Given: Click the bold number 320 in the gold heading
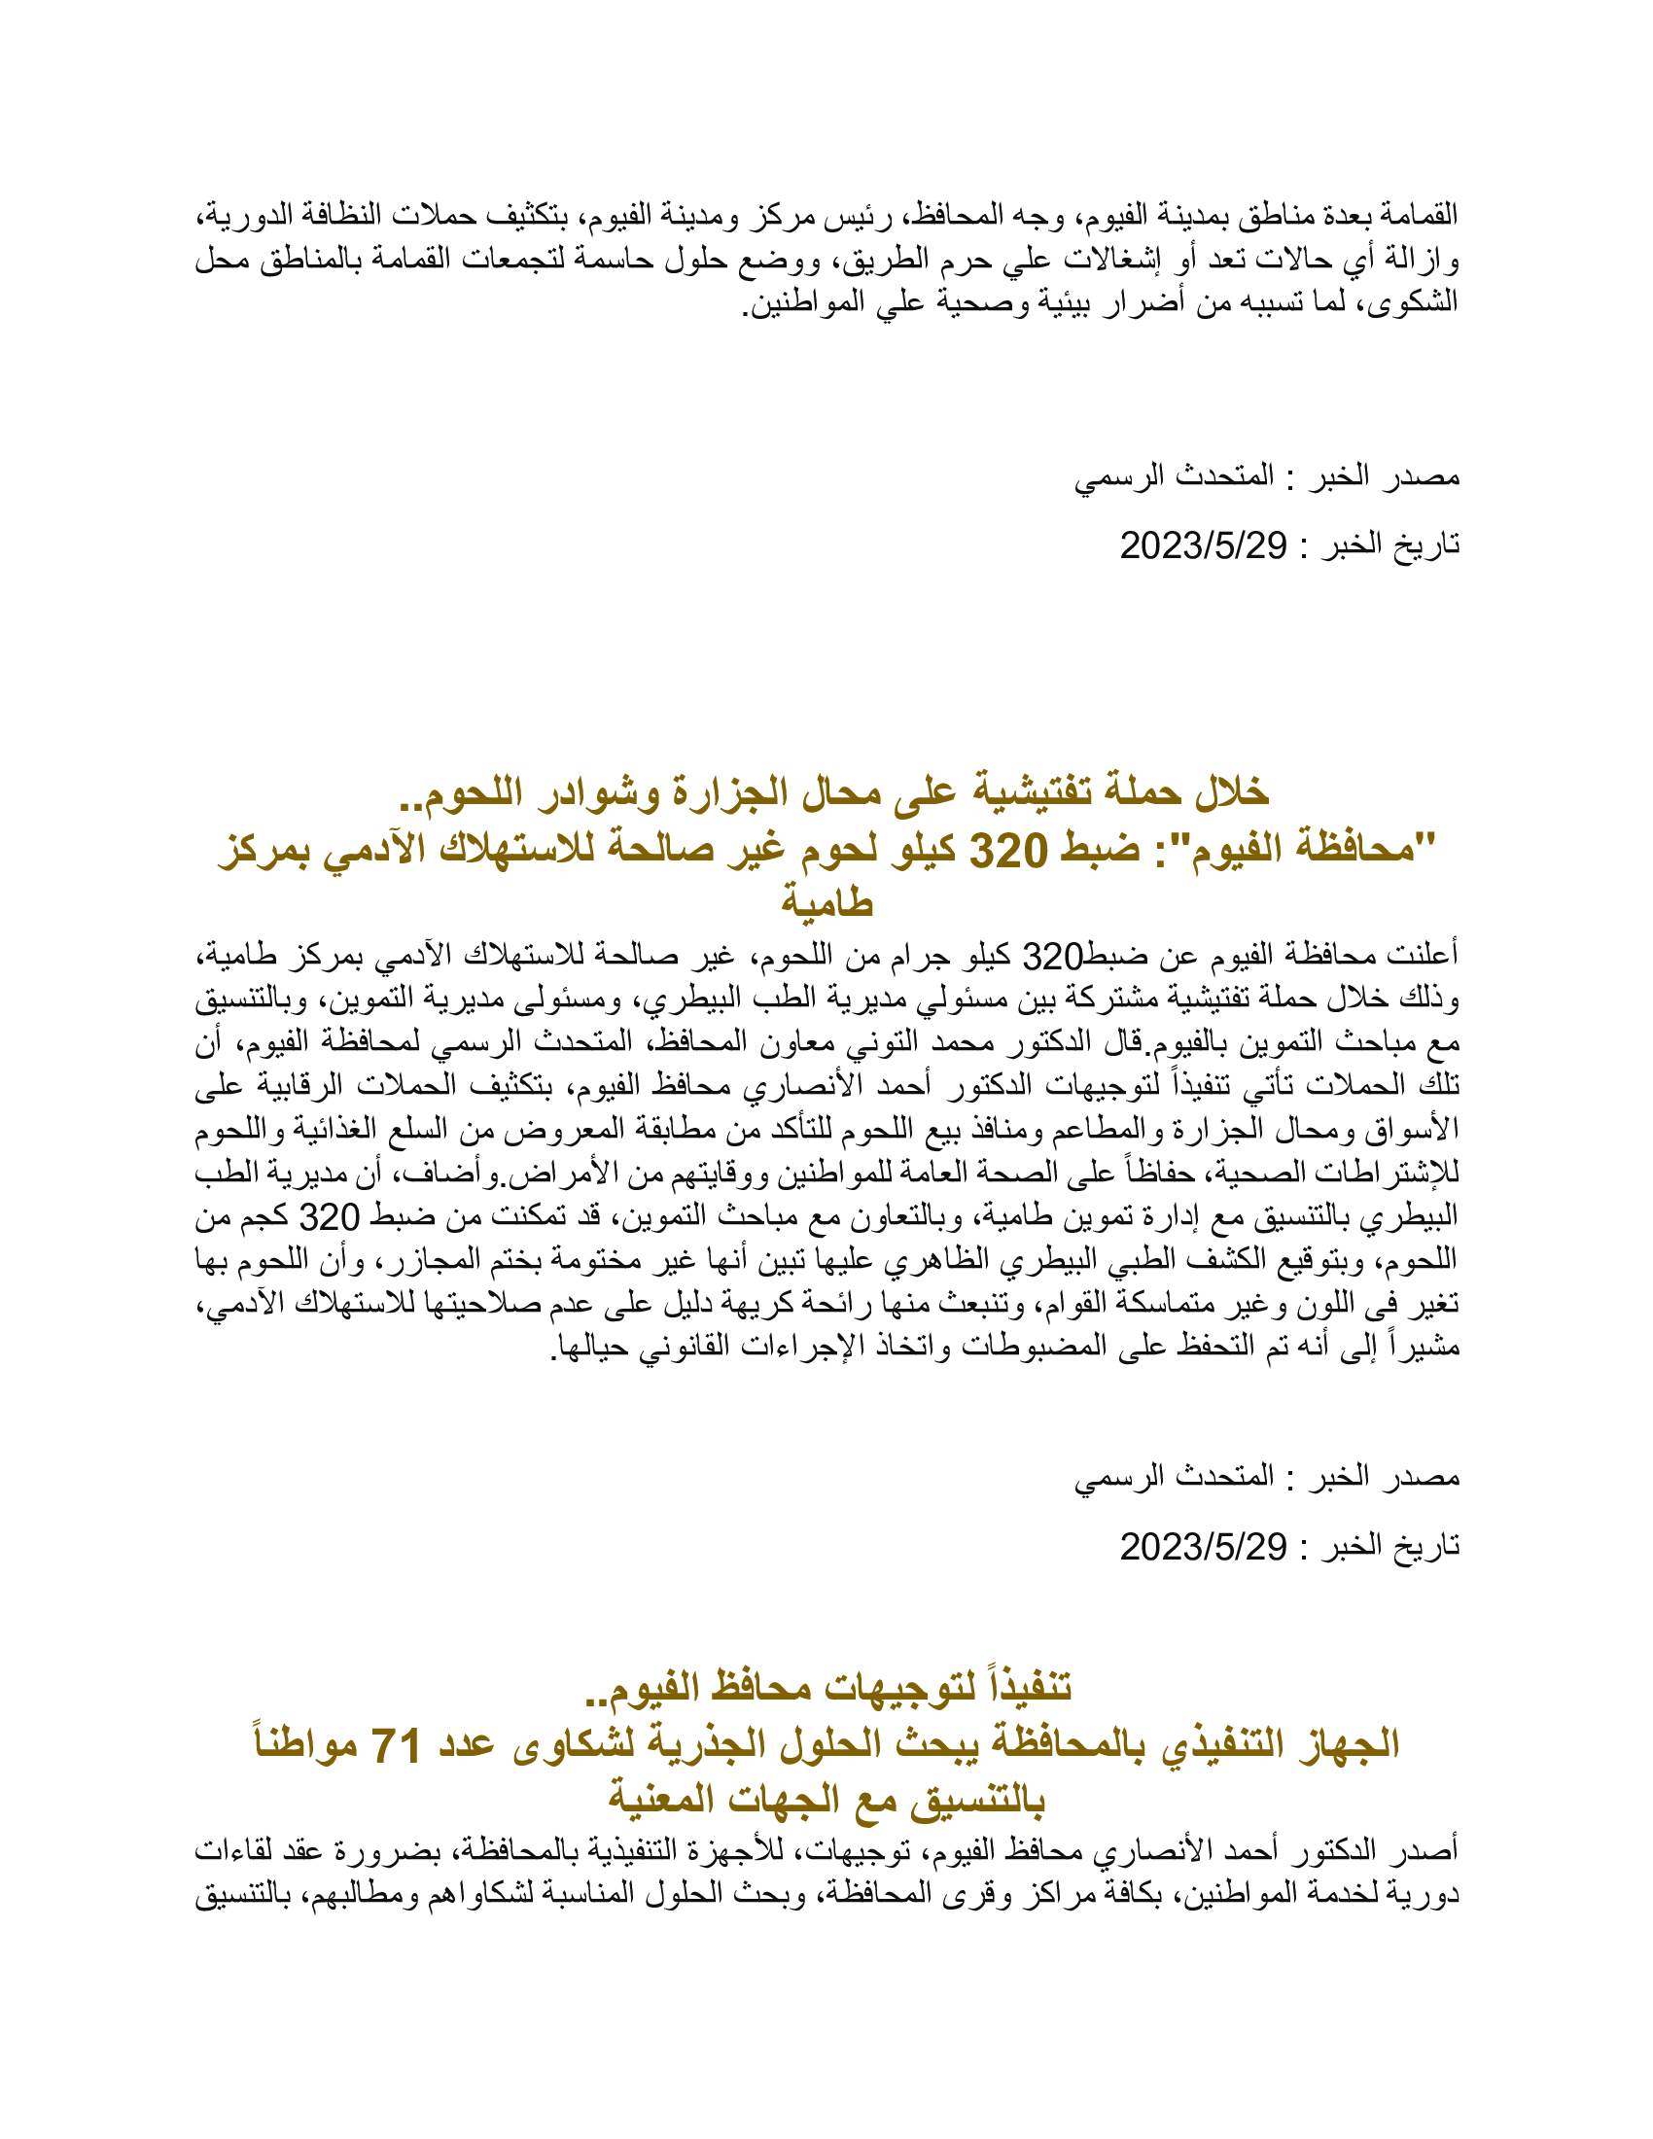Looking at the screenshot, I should [1007, 849].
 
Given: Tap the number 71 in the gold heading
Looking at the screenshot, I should [395, 1744].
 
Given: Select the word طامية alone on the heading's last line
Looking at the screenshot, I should [826, 901].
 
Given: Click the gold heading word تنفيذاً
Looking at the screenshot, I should [1019, 1687].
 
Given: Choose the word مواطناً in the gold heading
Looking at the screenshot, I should [304, 1744].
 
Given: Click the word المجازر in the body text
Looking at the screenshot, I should [456, 1261].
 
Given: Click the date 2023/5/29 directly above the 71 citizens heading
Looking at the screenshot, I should [1203, 1547].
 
